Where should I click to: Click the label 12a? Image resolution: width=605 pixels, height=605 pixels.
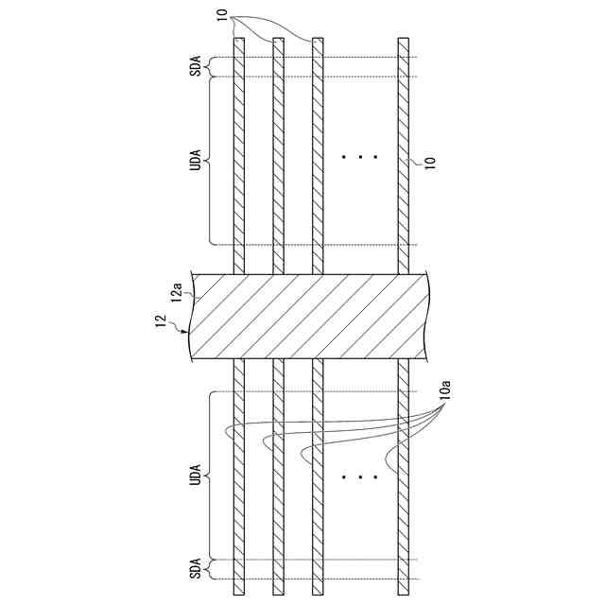tap(177, 296)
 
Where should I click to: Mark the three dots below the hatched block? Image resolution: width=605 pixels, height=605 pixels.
tap(359, 477)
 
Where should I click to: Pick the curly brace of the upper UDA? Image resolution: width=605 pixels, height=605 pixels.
tap(211, 160)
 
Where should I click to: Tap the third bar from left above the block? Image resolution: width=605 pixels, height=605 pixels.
tap(318, 151)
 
